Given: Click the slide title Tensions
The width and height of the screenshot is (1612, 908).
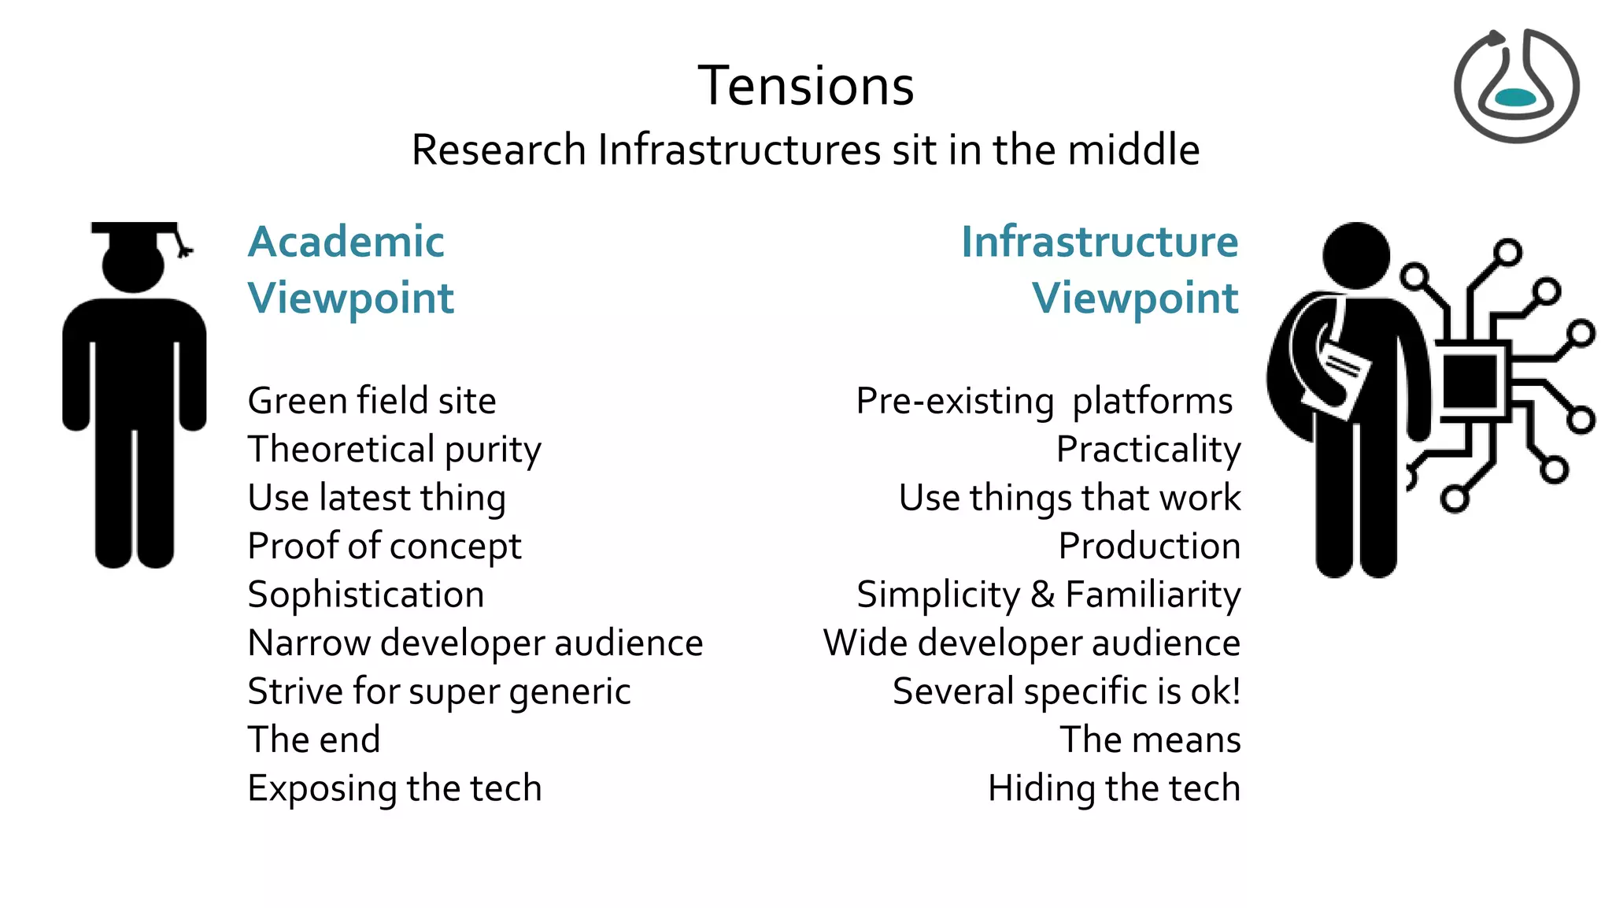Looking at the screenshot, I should (x=806, y=86).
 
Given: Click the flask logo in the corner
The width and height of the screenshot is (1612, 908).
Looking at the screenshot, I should (x=1516, y=86).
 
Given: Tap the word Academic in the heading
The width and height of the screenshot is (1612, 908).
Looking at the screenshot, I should (x=346, y=242).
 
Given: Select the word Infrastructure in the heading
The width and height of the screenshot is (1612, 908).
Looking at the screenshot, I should (x=1100, y=242).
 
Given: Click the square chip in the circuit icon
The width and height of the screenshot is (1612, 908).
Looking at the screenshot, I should (x=1469, y=381).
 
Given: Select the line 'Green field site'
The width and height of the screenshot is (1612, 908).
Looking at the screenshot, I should (x=372, y=401).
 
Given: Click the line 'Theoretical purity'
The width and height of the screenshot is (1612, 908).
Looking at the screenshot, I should (x=394, y=450).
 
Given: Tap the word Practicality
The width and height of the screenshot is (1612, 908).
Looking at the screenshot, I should (x=1148, y=450).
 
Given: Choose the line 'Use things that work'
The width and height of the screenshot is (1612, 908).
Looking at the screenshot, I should (x=1069, y=498).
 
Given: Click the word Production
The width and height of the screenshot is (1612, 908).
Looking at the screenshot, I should (x=1148, y=547).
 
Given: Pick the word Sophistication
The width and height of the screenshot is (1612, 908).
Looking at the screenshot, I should (x=366, y=595).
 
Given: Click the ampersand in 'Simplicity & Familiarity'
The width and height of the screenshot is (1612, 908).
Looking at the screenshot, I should (x=1042, y=595).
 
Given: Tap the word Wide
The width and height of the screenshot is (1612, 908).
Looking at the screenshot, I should (x=866, y=643).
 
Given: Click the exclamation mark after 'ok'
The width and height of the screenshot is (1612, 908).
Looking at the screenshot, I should (x=1236, y=691).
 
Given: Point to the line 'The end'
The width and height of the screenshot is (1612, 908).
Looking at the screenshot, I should (x=314, y=740).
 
